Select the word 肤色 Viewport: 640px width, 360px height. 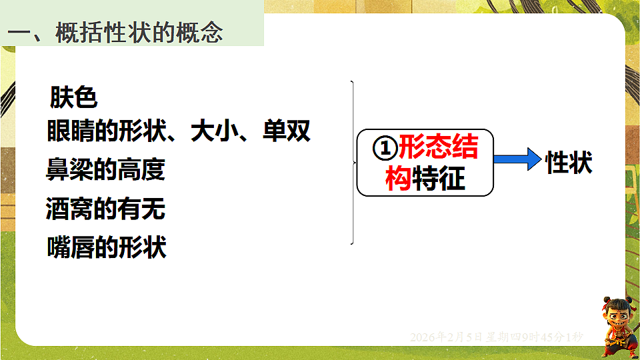pos(74,98)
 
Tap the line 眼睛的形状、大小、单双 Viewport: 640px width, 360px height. pos(179,131)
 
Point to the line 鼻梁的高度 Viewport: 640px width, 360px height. pos(105,170)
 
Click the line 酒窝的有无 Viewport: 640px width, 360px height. pos(105,209)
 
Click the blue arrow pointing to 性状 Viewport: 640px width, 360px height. pos(517,160)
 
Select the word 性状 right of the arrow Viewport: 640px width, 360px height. pos(569,162)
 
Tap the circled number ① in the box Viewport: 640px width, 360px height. pos(384,148)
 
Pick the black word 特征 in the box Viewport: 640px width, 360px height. pos(439,179)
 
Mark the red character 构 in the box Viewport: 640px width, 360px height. pos(399,179)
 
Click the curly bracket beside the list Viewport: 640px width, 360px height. pos(352,162)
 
